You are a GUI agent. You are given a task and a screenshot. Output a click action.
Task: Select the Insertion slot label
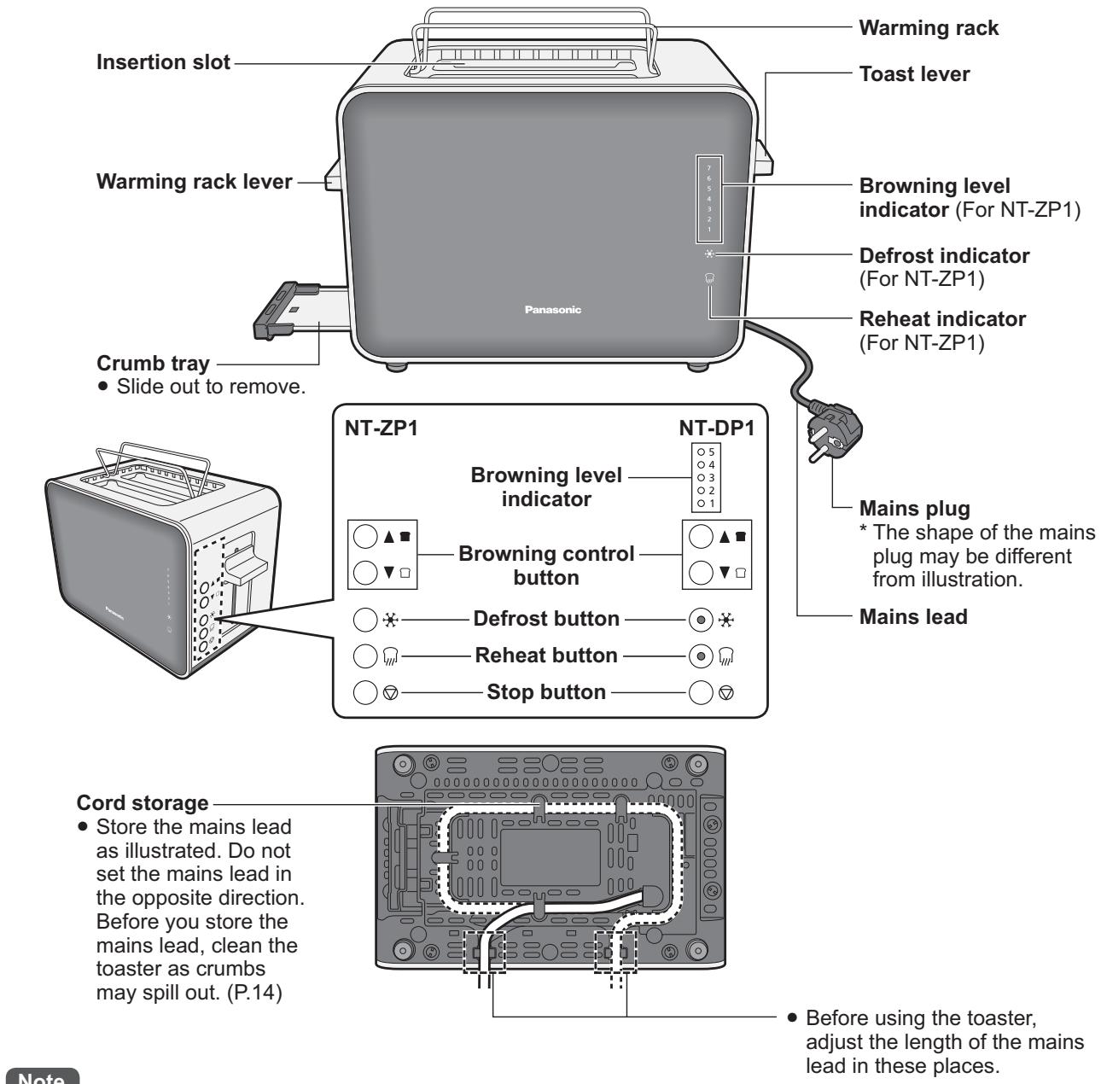(x=163, y=63)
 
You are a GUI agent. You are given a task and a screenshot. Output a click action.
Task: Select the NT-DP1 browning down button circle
(x=700, y=571)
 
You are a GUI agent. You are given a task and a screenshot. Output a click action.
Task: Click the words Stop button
(x=546, y=691)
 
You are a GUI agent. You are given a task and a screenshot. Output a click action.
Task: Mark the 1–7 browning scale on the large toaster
(x=708, y=199)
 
